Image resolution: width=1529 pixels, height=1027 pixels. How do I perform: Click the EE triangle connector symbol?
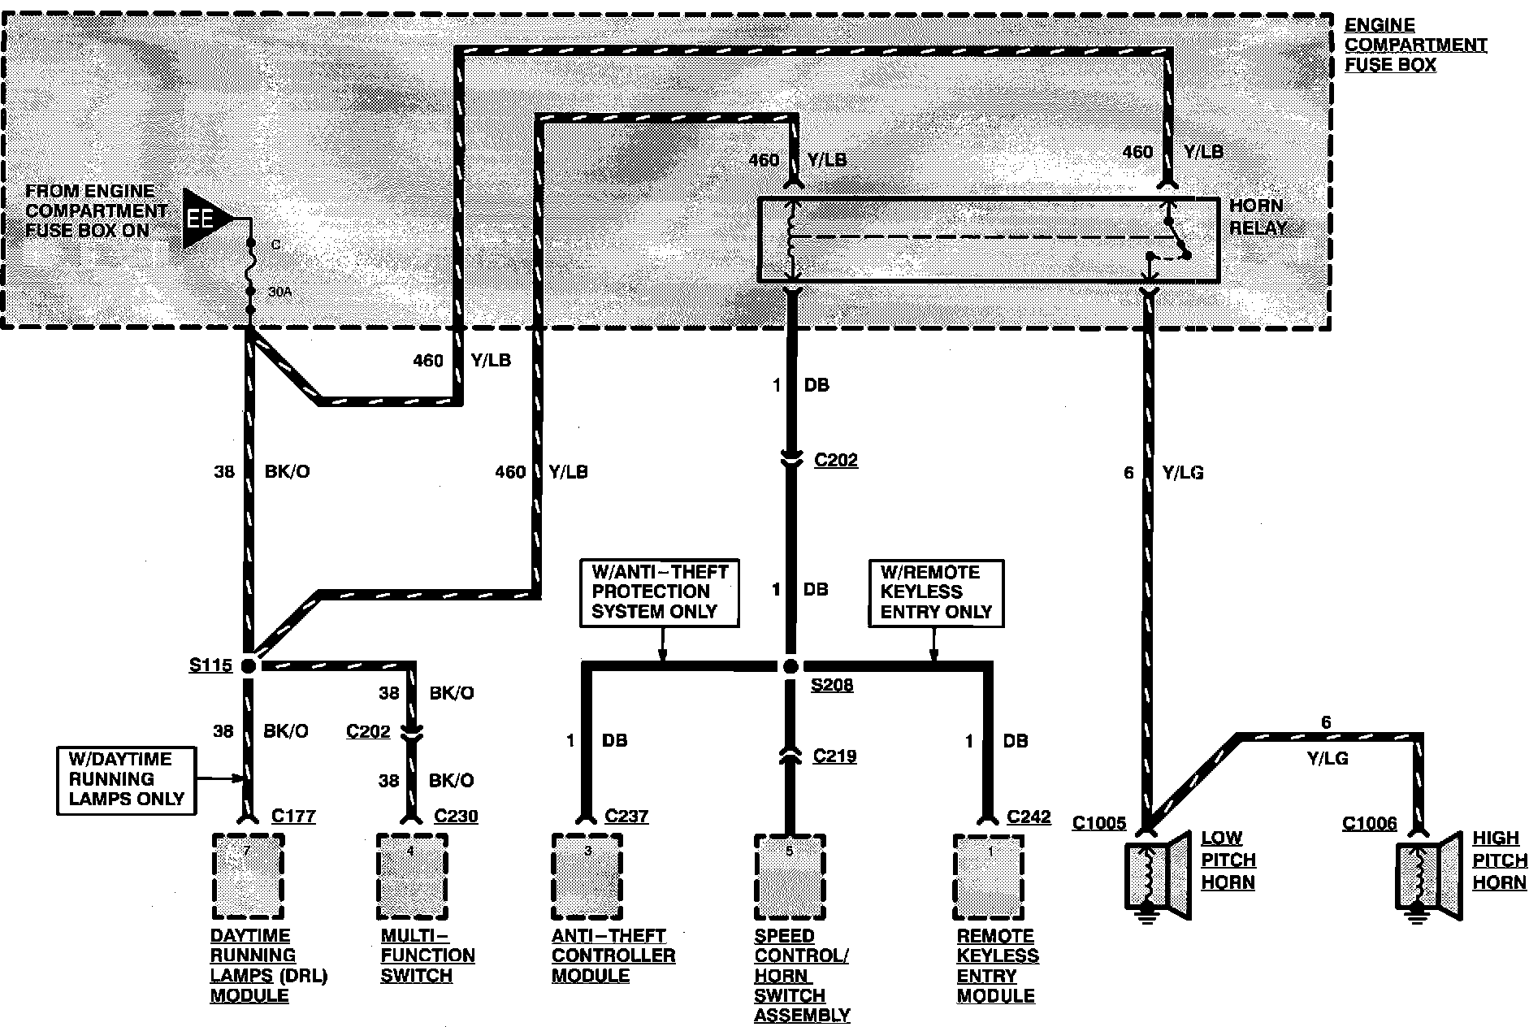pos(203,219)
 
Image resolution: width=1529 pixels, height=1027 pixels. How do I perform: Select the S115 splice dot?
pos(249,666)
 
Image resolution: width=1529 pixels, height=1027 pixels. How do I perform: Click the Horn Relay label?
pos(1257,216)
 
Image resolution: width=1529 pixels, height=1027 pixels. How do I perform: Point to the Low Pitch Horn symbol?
pos(1157,878)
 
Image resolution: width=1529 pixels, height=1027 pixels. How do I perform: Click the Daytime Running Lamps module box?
pos(248,876)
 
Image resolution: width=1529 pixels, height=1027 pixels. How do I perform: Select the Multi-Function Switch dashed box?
pos(412,876)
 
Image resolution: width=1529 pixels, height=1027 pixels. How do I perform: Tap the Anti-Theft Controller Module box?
pos(587,876)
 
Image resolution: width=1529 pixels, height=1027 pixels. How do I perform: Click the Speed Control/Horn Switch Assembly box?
pos(790,876)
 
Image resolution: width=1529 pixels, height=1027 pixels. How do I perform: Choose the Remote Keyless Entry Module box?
pos(988,876)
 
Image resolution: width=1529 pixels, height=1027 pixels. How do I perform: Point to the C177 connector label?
pos(293,816)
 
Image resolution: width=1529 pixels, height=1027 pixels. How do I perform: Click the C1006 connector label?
pos(1369,824)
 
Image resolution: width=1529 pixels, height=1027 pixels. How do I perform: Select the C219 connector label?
pos(835,756)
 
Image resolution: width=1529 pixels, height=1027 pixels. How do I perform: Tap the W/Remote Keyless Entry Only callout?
pos(936,592)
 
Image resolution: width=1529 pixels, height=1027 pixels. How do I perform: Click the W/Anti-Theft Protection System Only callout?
pos(660,592)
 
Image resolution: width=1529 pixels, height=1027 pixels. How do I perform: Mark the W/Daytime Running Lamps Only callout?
pos(127,779)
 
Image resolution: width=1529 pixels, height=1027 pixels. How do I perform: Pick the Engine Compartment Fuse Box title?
pos(1415,45)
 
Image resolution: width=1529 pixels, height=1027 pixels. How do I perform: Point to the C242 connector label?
pos(1029,817)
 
